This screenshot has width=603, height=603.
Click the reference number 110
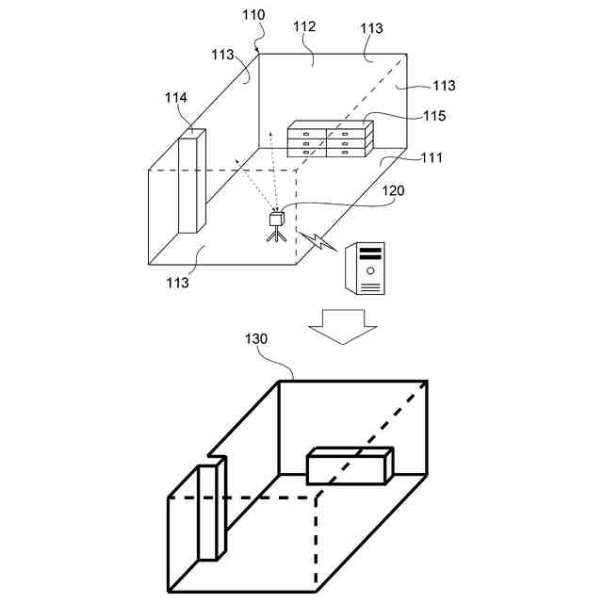tap(253, 15)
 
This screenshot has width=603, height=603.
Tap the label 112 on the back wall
tap(304, 27)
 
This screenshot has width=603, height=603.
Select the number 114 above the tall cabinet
tap(175, 97)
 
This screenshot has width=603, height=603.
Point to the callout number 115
tap(434, 116)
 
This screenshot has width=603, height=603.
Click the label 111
tap(431, 157)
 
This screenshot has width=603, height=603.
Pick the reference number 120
tap(393, 190)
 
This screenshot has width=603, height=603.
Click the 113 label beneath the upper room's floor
tap(177, 282)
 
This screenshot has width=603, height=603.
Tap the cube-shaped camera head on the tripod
tap(277, 219)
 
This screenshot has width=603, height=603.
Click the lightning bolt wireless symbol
tap(318, 241)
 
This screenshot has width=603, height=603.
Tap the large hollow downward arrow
tap(343, 324)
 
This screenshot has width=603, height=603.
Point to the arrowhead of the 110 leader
tap(257, 50)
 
